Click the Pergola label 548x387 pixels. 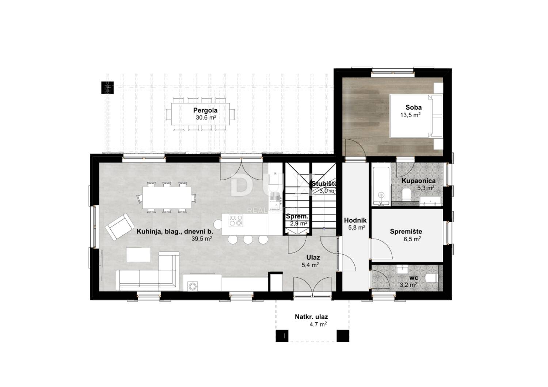[205, 110]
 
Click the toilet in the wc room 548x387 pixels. [431, 278]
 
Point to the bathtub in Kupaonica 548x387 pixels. [381, 186]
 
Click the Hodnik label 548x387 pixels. [355, 220]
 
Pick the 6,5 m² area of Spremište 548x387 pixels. [412, 239]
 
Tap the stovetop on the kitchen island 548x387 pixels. [236, 220]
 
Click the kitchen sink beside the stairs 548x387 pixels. [275, 201]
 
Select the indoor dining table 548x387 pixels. [167, 198]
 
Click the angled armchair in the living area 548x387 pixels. [120, 227]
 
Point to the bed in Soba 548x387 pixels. [416, 116]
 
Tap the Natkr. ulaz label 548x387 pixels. [311, 317]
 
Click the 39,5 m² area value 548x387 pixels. [202, 239]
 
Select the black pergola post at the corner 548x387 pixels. [107, 87]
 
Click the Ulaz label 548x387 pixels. [313, 258]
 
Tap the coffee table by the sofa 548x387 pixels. [138, 255]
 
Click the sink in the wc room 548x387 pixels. [403, 269]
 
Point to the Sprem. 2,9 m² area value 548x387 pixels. [299, 223]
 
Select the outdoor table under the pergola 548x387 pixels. [200, 114]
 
